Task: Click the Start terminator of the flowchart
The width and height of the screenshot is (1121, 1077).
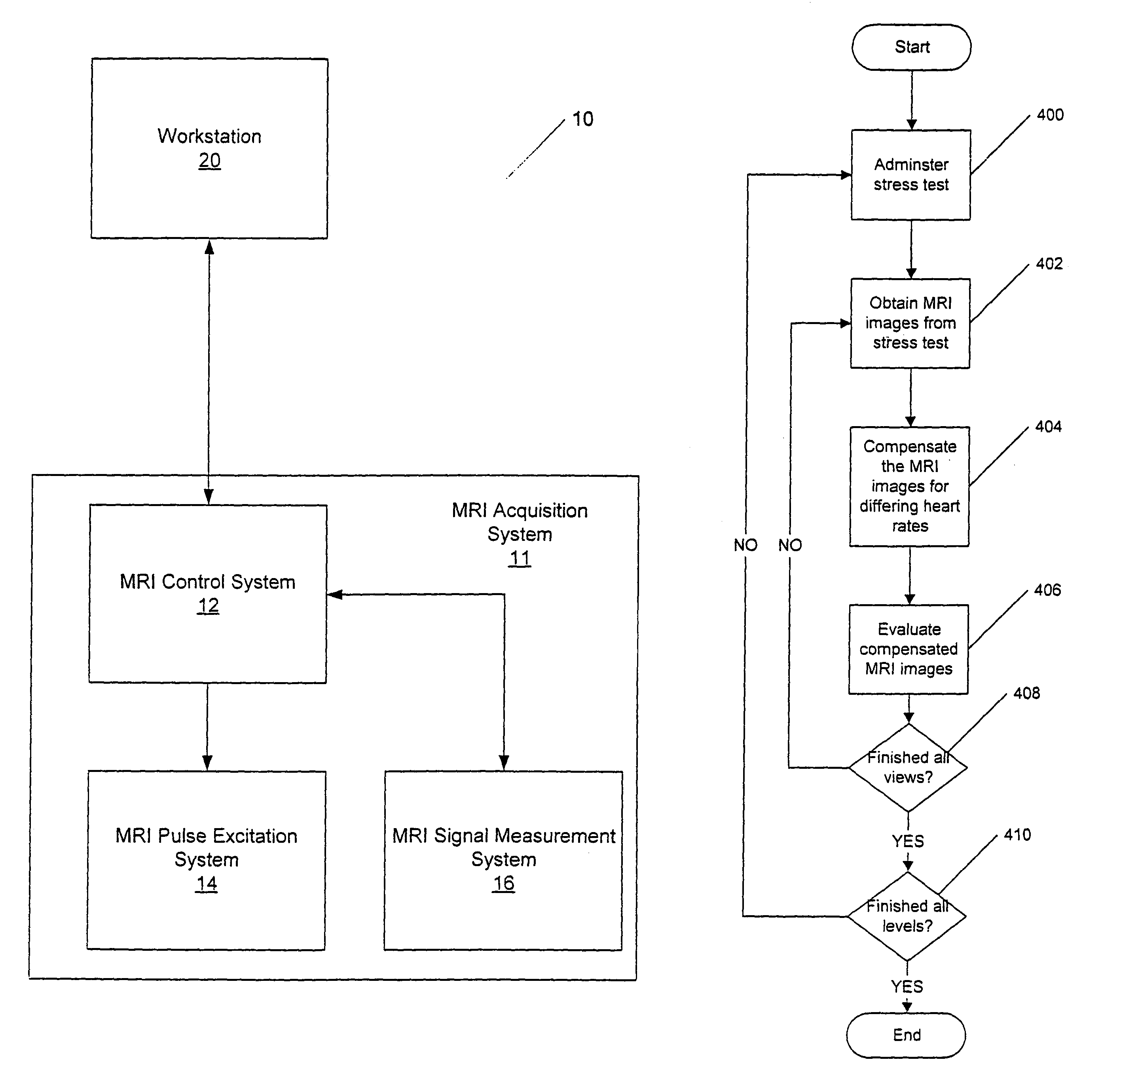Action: [x=911, y=47]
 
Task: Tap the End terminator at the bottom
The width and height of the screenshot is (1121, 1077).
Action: [x=906, y=1035]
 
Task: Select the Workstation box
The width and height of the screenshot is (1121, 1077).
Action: [x=209, y=148]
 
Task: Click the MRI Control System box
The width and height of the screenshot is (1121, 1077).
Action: [x=208, y=593]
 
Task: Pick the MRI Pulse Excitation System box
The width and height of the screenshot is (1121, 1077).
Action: [x=207, y=860]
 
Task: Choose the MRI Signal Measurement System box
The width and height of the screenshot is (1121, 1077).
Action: [x=503, y=860]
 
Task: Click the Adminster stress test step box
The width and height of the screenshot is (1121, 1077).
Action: [x=910, y=174]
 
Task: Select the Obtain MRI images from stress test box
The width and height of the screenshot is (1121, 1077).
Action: [x=910, y=323]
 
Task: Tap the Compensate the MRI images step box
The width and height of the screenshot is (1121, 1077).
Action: [x=909, y=486]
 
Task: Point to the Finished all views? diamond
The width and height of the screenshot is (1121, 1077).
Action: [x=908, y=768]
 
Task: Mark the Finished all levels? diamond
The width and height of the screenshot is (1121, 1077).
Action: [x=907, y=916]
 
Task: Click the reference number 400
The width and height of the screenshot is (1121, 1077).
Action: [x=1050, y=115]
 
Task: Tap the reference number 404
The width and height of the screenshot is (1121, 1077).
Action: [x=1048, y=427]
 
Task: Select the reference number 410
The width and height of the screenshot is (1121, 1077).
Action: [x=1017, y=835]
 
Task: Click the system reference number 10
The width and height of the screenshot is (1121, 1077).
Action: [x=583, y=119]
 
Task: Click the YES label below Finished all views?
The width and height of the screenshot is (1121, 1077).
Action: [x=908, y=841]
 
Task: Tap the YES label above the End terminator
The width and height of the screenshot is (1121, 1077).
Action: [x=907, y=987]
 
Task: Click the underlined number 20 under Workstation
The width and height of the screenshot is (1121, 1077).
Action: [x=209, y=161]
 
